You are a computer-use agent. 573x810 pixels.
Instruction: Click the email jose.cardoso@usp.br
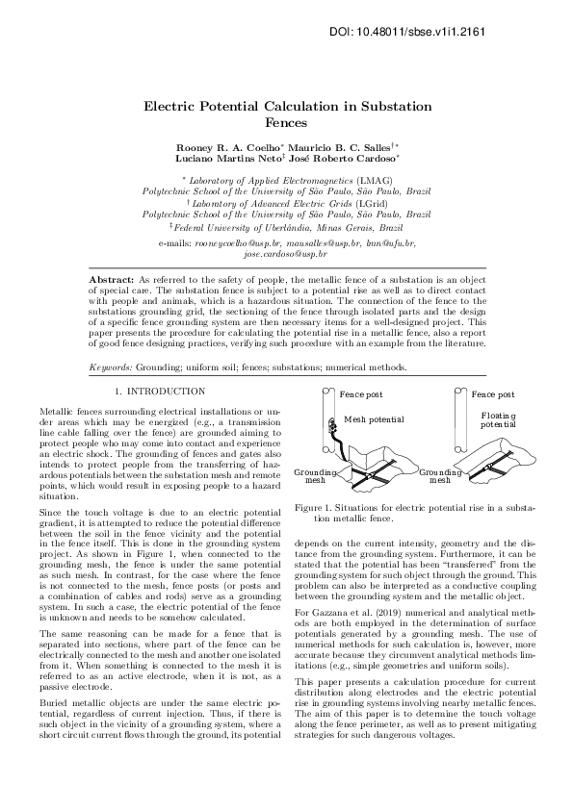click(x=286, y=255)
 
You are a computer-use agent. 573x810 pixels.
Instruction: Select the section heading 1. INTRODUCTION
click(x=159, y=392)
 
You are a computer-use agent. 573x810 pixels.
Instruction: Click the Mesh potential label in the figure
click(x=374, y=419)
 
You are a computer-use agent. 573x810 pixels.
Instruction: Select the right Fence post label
click(x=492, y=394)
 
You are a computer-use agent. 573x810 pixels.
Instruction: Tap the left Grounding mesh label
click(x=315, y=475)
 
